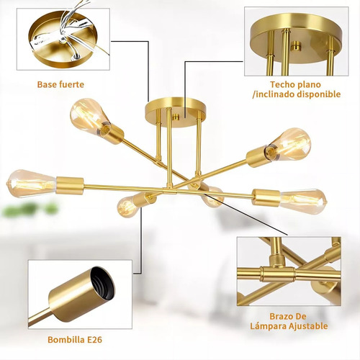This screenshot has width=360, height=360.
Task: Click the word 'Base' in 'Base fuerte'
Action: tap(46, 84)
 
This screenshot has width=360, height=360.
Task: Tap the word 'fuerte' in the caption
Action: tap(71, 84)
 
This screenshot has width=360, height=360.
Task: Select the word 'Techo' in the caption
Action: tap(282, 84)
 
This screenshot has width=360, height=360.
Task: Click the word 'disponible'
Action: tap(319, 94)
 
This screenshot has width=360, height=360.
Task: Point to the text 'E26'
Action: tap(94, 340)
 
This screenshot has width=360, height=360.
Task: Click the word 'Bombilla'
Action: tap(66, 340)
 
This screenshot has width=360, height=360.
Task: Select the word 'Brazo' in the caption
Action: tap(280, 316)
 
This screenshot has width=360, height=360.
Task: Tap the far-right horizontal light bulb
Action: tap(304, 201)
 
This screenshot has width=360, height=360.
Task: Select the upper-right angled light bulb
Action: tap(290, 143)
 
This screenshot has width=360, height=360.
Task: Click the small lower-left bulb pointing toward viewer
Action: tap(128, 207)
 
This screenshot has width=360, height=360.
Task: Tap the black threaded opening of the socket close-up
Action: tap(102, 284)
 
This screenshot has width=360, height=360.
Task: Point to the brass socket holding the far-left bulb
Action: tap(70, 186)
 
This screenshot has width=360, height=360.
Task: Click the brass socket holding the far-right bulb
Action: tap(266, 197)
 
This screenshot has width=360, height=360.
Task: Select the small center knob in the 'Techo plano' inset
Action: tap(297, 46)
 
